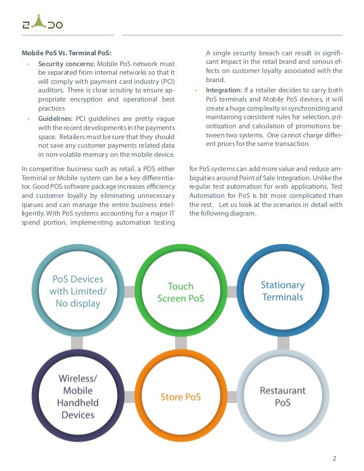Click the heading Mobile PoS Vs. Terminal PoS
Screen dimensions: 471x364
point(66,54)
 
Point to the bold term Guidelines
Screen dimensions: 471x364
point(56,118)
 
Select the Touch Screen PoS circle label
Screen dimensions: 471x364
point(180,291)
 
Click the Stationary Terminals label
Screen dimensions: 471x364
point(282,290)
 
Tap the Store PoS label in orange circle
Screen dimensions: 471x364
point(180,396)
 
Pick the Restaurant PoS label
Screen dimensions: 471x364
point(282,396)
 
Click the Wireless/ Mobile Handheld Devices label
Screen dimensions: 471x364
point(78,396)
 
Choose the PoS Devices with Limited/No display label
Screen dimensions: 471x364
point(78,291)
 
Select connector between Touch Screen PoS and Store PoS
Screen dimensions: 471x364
point(180,343)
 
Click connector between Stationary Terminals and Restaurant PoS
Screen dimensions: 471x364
point(282,343)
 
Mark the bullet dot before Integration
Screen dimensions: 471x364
point(196,91)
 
